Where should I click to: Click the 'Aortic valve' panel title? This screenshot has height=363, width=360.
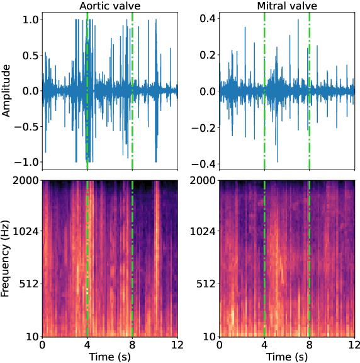pyautogui.click(x=110, y=6)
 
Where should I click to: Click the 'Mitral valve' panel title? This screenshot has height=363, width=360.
pyautogui.click(x=287, y=6)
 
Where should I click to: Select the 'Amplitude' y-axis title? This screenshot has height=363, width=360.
pyautogui.click(x=7, y=90)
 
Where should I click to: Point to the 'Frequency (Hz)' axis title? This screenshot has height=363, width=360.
pyautogui.click(x=7, y=257)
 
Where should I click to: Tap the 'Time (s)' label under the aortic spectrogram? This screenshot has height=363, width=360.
pyautogui.click(x=110, y=357)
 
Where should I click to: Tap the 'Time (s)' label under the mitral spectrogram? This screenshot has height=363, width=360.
pyautogui.click(x=287, y=357)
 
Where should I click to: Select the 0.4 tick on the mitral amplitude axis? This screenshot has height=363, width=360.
pyautogui.click(x=208, y=18)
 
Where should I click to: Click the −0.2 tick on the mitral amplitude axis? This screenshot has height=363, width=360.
pyautogui.click(x=205, y=127)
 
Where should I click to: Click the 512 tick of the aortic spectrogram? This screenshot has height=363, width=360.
pyautogui.click(x=28, y=284)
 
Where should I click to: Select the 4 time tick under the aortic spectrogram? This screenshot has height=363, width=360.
pyautogui.click(x=87, y=345)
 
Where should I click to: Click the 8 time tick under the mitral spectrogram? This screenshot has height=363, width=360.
pyautogui.click(x=310, y=345)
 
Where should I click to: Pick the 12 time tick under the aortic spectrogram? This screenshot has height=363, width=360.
pyautogui.click(x=177, y=345)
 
